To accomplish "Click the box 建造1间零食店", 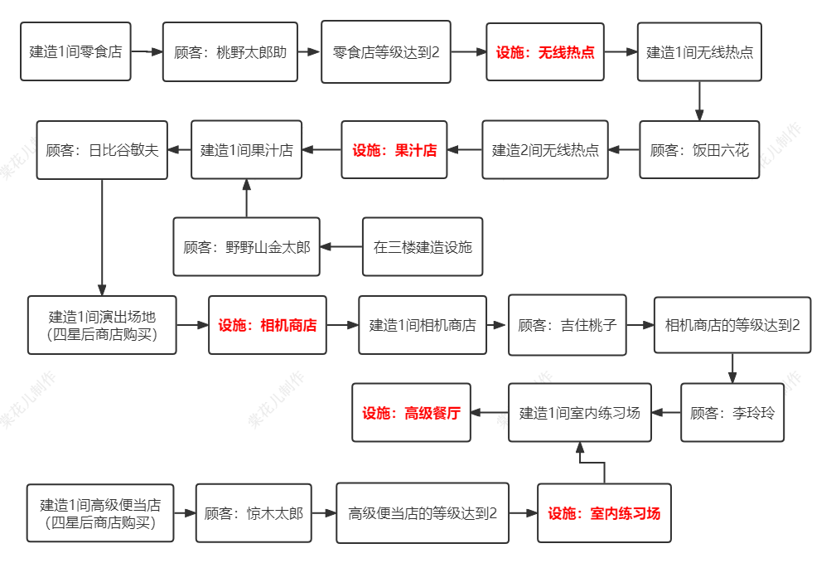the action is (x=75, y=51).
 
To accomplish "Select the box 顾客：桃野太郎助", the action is (x=230, y=51).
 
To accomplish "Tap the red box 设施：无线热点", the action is (x=545, y=51).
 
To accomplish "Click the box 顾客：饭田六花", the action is (x=699, y=149).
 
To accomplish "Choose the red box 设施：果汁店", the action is (x=394, y=149).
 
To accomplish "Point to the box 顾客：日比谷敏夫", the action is (x=102, y=149).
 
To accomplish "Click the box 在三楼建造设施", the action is (x=423, y=247).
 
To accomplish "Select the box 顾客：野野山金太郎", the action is (x=246, y=247).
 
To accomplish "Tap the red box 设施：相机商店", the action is (x=267, y=325).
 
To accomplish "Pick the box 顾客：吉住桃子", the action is (x=567, y=325).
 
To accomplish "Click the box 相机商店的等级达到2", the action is (x=732, y=325).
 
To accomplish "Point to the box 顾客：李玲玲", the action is (x=732, y=412).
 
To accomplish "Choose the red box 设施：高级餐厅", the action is (x=411, y=412).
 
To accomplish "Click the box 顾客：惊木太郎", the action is (x=254, y=513).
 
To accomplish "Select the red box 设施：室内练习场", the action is (x=604, y=513).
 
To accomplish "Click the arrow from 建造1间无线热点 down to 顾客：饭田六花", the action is (x=699, y=101).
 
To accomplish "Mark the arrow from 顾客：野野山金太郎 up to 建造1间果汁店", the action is (x=246, y=198).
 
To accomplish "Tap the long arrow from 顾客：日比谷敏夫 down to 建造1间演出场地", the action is (x=102, y=237).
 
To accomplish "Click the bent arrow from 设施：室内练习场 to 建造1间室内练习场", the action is (x=592, y=463).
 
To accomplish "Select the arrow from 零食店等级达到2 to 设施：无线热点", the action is (x=468, y=51).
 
